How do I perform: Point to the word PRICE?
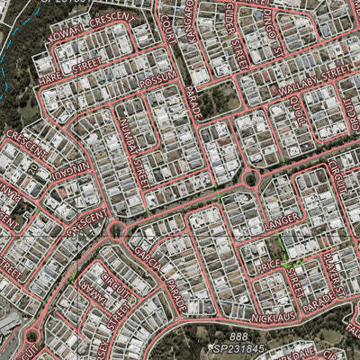(x=269, y=267)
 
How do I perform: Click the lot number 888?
(x=238, y=336)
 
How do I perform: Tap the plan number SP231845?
(x=238, y=348)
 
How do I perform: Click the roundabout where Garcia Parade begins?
(x=116, y=230)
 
